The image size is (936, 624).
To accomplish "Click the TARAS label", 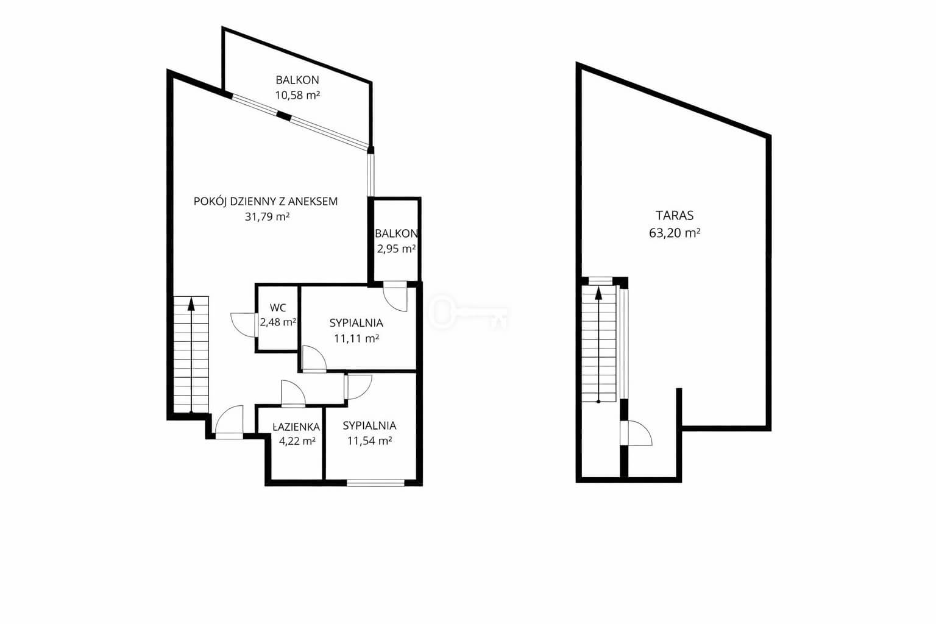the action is [x=675, y=216].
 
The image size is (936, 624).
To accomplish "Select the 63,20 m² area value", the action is [x=675, y=233].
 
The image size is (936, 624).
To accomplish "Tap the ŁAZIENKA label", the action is [x=296, y=427].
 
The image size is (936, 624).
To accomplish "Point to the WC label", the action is [x=278, y=308].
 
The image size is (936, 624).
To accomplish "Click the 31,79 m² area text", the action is [x=267, y=217].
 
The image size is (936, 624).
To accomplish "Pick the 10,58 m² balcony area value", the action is [x=297, y=95].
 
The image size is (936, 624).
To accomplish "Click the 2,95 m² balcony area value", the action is [x=396, y=249].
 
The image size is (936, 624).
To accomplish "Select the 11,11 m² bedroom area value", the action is [x=356, y=339].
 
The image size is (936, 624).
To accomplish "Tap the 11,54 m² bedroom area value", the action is [x=369, y=441].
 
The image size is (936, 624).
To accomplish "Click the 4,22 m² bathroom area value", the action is [x=297, y=441].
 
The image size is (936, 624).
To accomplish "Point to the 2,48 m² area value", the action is [x=278, y=322].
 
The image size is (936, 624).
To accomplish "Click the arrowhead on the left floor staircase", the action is [x=191, y=304].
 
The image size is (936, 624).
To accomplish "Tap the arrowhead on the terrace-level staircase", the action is [x=598, y=294].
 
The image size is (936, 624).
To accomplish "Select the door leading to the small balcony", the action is [x=395, y=297].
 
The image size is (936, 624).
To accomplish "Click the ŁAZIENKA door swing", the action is [x=293, y=393].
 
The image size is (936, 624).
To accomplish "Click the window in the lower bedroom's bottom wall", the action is [x=375, y=484].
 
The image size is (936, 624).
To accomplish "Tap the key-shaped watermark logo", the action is [x=468, y=313].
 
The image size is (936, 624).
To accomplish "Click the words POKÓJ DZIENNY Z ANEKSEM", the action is [x=265, y=202].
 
